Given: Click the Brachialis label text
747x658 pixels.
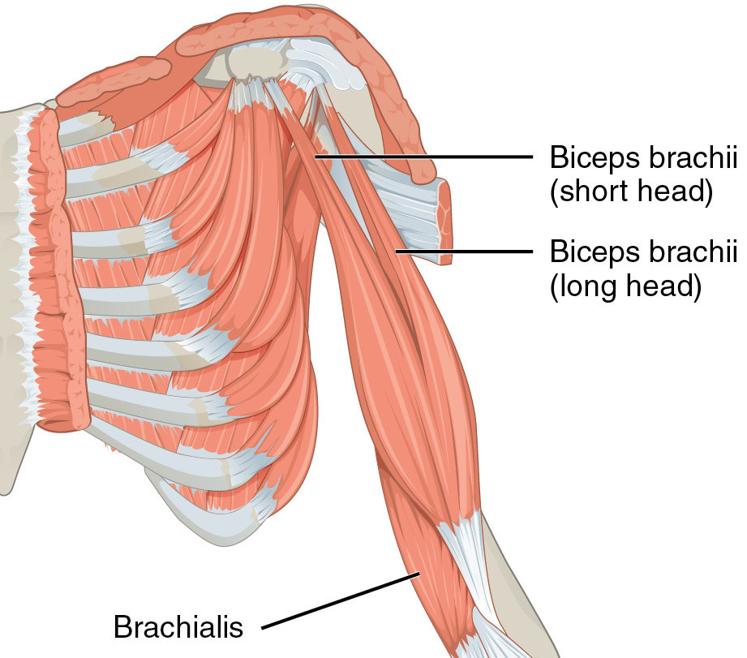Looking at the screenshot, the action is coord(178,626).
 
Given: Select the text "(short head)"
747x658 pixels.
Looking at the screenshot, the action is coord(631,193).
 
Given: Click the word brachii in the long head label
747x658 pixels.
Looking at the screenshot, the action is coord(692,252).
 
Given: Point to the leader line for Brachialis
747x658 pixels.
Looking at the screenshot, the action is coord(341,601).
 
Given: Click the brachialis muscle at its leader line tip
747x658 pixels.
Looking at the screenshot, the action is coord(417,574).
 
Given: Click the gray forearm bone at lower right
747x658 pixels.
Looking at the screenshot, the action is coord(527,584).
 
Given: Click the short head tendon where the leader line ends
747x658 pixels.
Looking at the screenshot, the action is coord(317,157).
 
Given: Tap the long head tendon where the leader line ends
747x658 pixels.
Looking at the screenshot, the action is coord(398,252).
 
